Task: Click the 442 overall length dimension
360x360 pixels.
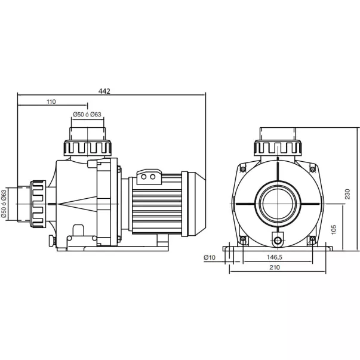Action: click(104, 91)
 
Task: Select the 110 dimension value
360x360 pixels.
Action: click(51, 101)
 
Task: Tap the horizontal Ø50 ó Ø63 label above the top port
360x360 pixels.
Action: click(87, 115)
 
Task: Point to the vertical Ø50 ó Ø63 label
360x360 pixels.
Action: click(4, 204)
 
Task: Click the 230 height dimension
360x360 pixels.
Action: click(347, 194)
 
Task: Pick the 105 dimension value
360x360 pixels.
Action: click(334, 230)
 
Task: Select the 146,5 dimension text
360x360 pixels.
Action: click(275, 257)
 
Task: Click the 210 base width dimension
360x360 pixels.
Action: click(275, 267)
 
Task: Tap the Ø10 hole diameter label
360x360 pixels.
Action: click(210, 257)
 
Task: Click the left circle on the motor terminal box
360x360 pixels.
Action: click(144, 177)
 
